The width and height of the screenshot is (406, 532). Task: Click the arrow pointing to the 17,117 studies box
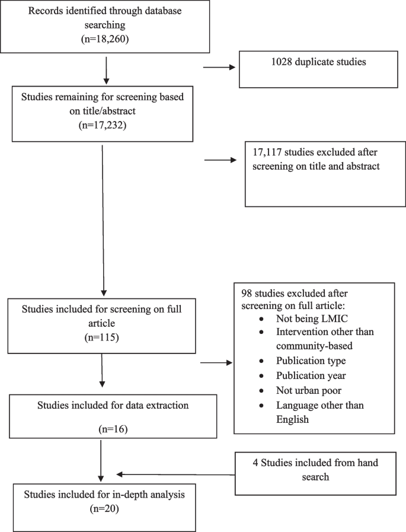219,160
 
